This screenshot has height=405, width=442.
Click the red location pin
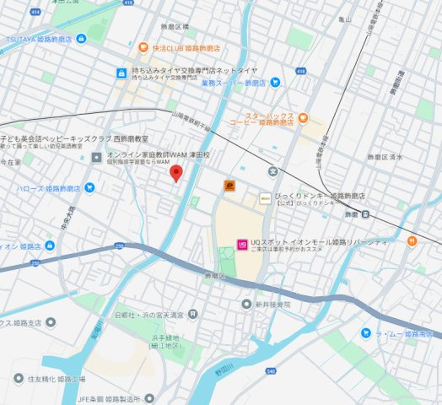(176, 173)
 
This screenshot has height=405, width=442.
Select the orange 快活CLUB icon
(144, 50)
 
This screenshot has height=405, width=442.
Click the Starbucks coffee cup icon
(303, 117)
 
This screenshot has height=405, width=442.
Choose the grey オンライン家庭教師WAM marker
(98, 156)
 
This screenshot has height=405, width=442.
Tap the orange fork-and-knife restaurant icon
(411, 240)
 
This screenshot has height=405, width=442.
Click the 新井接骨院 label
(271, 304)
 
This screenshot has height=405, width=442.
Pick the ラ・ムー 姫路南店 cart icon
(366, 334)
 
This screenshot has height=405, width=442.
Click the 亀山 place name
(343, 18)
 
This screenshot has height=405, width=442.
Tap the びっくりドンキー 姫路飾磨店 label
(321, 196)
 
